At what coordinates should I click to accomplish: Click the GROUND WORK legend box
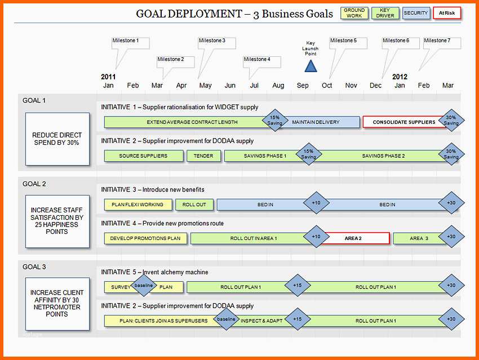coord(354,13)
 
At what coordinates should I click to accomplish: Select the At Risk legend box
coord(447,13)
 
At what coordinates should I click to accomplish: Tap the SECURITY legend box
coord(416,13)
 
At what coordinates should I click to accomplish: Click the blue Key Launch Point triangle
coord(311,66)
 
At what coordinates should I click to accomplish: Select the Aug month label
coord(278,86)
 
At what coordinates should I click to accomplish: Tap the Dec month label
coord(375,86)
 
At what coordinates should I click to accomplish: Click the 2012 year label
coord(400,77)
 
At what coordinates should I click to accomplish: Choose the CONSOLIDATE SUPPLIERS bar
coord(403,122)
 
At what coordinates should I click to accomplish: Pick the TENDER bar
coord(203,155)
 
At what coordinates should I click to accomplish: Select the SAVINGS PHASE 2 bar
coord(383,155)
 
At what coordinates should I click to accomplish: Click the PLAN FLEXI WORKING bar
coord(138,205)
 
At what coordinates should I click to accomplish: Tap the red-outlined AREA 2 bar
coord(355,238)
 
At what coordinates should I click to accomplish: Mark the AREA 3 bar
coord(419,238)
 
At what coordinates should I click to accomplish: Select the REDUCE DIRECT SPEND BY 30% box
coord(57,139)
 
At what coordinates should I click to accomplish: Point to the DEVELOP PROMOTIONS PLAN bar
coord(145,238)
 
